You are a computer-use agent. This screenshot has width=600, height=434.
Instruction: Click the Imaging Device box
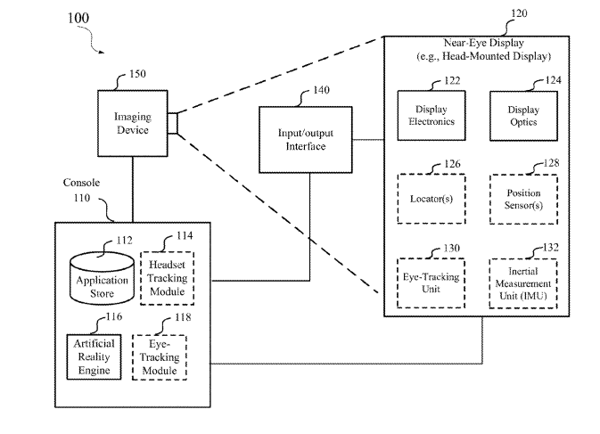132,124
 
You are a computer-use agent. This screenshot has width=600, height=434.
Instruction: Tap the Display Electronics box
431,116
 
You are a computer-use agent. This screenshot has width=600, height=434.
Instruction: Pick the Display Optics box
522,116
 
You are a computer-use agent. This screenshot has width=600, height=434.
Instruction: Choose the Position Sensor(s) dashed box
523,199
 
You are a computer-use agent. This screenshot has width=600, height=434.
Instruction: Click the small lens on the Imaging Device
172,124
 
